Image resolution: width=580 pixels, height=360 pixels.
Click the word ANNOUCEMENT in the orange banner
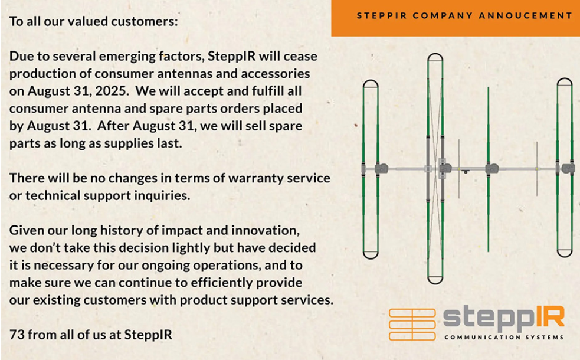coord(526,15)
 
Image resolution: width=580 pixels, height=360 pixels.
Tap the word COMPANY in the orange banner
coord(443,15)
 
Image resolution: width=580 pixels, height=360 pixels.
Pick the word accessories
coord(276,74)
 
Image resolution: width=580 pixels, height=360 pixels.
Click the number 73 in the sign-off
coord(17,335)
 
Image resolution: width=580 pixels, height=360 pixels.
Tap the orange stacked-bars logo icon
coord(412,325)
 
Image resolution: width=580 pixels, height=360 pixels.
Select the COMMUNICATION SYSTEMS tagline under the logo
coord(504,338)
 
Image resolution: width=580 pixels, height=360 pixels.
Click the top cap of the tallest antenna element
coord(435,57)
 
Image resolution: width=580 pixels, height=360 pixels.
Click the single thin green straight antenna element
coord(489,169)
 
